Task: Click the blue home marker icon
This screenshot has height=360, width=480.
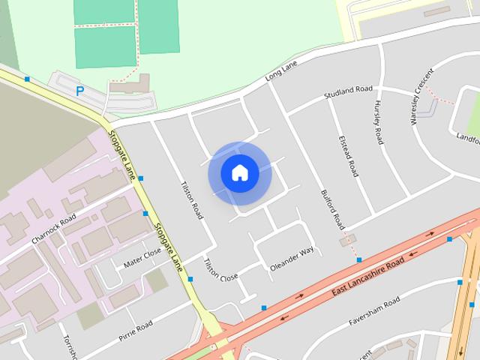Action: point(240,173)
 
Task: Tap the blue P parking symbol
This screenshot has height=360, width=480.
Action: point(79,91)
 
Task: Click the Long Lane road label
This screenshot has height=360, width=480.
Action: point(281,73)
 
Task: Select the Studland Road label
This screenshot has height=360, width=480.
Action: point(348,93)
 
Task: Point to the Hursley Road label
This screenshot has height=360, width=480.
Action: point(379,123)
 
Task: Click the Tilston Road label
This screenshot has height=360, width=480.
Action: point(193,200)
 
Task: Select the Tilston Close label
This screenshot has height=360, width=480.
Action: point(220,269)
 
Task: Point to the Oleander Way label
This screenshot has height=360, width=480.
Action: point(292,256)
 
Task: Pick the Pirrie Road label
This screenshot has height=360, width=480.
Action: point(135,331)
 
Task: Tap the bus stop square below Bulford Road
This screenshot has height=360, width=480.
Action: point(359,259)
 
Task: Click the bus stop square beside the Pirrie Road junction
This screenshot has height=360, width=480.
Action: point(190,279)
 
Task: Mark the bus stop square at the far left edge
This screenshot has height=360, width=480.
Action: point(27,79)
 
